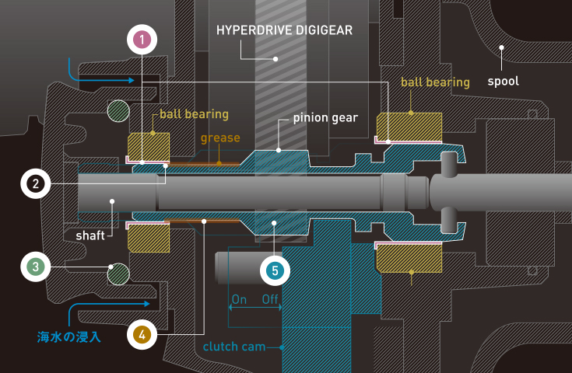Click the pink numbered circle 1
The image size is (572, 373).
coord(143,39)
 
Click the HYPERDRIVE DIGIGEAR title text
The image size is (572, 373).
coord(284,31)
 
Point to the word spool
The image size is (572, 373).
coord(503,80)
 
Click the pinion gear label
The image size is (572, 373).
coord(325,118)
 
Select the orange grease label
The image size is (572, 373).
coord(220,138)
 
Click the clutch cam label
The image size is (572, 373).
coord(233,347)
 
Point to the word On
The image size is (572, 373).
coord(239,299)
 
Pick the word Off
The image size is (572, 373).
coord(270,299)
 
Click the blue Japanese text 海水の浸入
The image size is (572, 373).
coord(69,337)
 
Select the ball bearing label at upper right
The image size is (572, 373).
coord(435,82)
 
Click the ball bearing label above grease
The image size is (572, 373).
coord(194,114)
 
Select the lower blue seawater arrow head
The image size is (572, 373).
coord(146,304)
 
